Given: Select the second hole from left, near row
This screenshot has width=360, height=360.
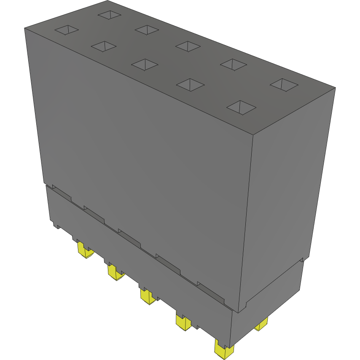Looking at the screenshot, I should pos(104,46).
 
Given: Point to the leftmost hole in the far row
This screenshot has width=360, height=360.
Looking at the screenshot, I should pos(109,15).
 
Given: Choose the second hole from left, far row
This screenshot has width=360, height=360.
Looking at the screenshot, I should pos(147,30).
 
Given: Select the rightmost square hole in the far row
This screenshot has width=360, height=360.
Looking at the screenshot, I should pos(284,84).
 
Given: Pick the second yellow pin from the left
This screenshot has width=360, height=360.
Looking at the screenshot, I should pos(115,272).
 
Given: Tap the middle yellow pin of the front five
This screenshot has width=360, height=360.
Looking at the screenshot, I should pos(148,296).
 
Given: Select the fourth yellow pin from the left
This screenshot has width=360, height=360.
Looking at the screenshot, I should pos(183,322).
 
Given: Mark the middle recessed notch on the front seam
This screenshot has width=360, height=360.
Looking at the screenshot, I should pos(129,237).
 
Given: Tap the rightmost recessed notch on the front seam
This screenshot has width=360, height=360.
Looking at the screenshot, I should pos(211,293).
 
